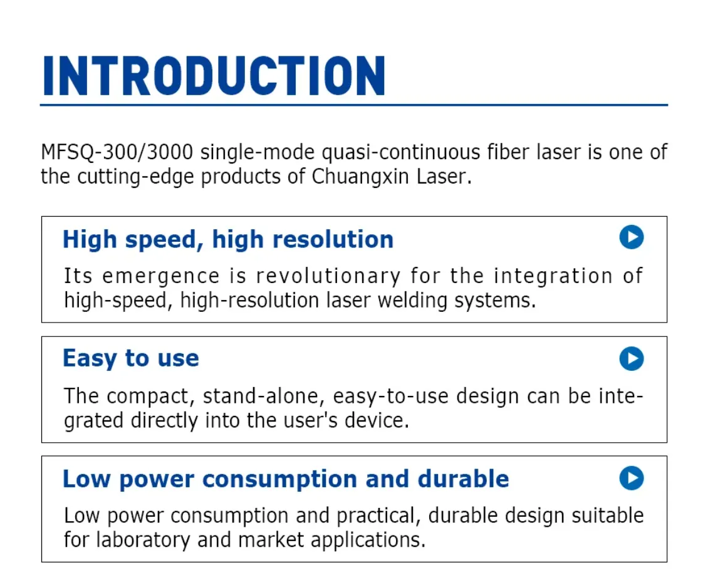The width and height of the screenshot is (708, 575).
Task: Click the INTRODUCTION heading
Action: tap(214, 76)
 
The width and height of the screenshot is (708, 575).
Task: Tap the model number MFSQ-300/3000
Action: tap(117, 152)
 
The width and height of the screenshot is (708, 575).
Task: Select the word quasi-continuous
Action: tap(401, 152)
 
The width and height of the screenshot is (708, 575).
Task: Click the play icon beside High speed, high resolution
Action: tap(631, 237)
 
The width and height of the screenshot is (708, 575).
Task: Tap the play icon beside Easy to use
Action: tap(631, 359)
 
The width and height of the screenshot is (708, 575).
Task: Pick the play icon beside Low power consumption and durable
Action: tap(631, 478)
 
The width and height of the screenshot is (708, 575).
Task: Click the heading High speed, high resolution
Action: tap(228, 239)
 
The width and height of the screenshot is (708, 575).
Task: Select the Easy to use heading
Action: tap(131, 359)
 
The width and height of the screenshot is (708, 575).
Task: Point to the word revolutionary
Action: tap(328, 276)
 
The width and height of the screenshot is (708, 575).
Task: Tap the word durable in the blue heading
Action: tap(463, 479)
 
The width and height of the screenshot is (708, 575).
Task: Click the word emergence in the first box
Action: tap(161, 276)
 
